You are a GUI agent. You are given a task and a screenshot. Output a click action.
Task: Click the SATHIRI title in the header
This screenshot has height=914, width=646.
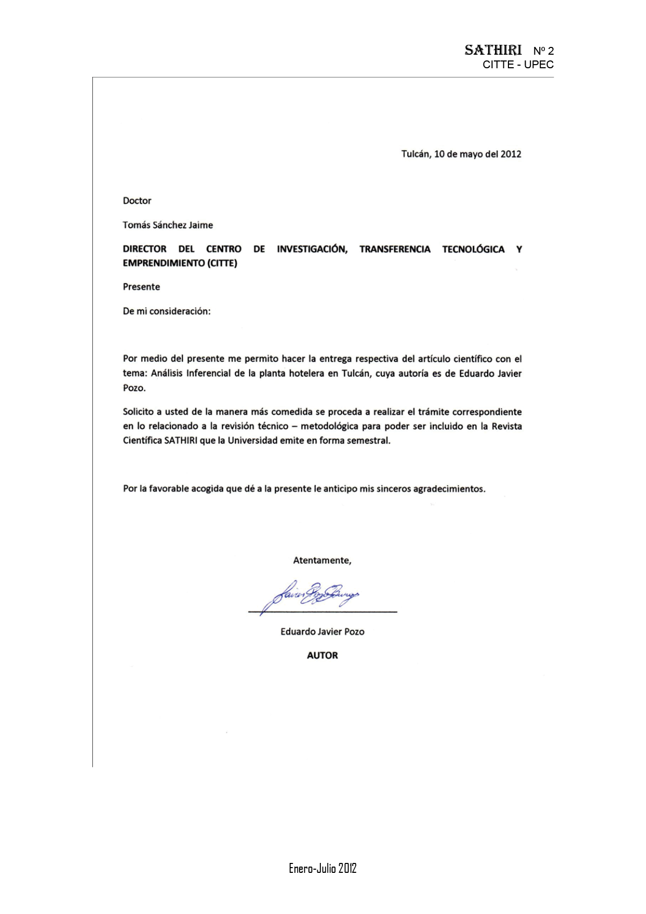click(x=493, y=50)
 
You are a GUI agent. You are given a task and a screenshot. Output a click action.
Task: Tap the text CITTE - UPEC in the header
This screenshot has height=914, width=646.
click(x=518, y=65)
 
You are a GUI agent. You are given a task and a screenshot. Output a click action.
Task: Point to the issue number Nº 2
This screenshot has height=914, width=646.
click(x=543, y=51)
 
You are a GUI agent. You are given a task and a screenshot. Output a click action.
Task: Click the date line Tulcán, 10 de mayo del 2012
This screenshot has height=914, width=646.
click(x=461, y=154)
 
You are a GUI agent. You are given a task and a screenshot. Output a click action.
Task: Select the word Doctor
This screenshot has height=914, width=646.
click(x=137, y=201)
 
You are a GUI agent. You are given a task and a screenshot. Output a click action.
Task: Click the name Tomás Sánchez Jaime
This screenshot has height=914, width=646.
click(x=168, y=225)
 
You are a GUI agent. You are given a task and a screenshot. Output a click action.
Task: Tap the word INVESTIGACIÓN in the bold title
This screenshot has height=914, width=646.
click(x=312, y=249)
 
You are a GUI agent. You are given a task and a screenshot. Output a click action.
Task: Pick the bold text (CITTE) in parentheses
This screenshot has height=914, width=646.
click(x=222, y=263)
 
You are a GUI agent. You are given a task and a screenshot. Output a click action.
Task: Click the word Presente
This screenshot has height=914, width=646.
click(x=141, y=287)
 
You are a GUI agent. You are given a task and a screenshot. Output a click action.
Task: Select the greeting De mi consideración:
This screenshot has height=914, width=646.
click(x=167, y=311)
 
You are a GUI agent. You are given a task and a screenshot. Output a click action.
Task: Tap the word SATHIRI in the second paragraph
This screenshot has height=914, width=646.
click(x=181, y=440)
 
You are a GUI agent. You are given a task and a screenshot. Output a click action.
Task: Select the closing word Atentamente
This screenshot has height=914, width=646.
click(x=322, y=561)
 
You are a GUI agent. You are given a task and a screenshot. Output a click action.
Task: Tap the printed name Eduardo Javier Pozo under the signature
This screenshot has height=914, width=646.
click(x=322, y=632)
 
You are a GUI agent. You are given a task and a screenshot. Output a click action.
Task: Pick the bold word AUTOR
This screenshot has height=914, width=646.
click(x=322, y=656)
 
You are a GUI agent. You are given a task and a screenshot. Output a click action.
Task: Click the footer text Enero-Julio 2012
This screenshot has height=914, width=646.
click(x=322, y=868)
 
